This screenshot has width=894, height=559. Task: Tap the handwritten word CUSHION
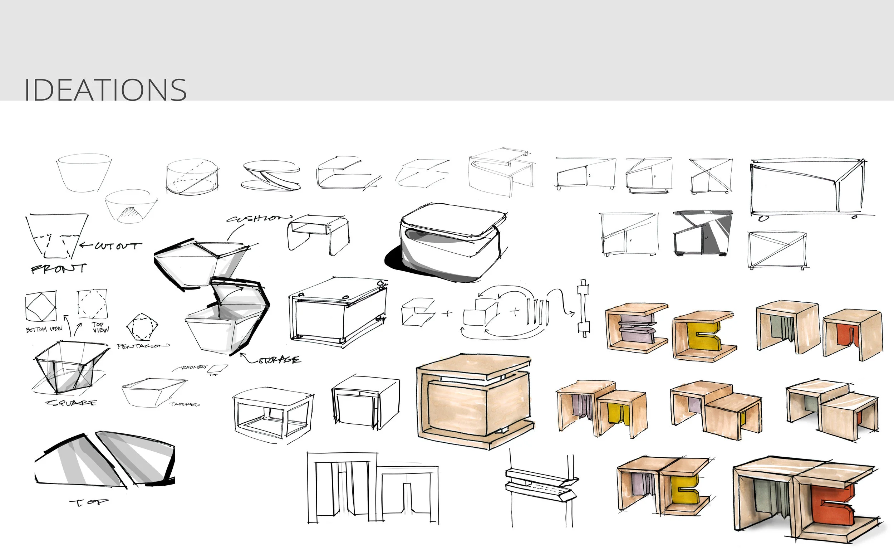click(259, 218)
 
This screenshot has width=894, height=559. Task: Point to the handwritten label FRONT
click(58, 268)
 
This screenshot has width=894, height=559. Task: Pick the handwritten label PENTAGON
click(142, 346)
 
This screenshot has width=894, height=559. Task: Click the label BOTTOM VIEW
click(44, 329)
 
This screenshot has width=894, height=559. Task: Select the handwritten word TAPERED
click(184, 404)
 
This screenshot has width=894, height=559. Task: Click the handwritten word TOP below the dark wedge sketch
click(89, 502)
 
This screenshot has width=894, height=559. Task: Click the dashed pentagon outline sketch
click(142, 327)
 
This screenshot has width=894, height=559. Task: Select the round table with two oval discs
click(271, 176)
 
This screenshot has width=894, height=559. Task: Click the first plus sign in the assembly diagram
click(447, 314)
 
